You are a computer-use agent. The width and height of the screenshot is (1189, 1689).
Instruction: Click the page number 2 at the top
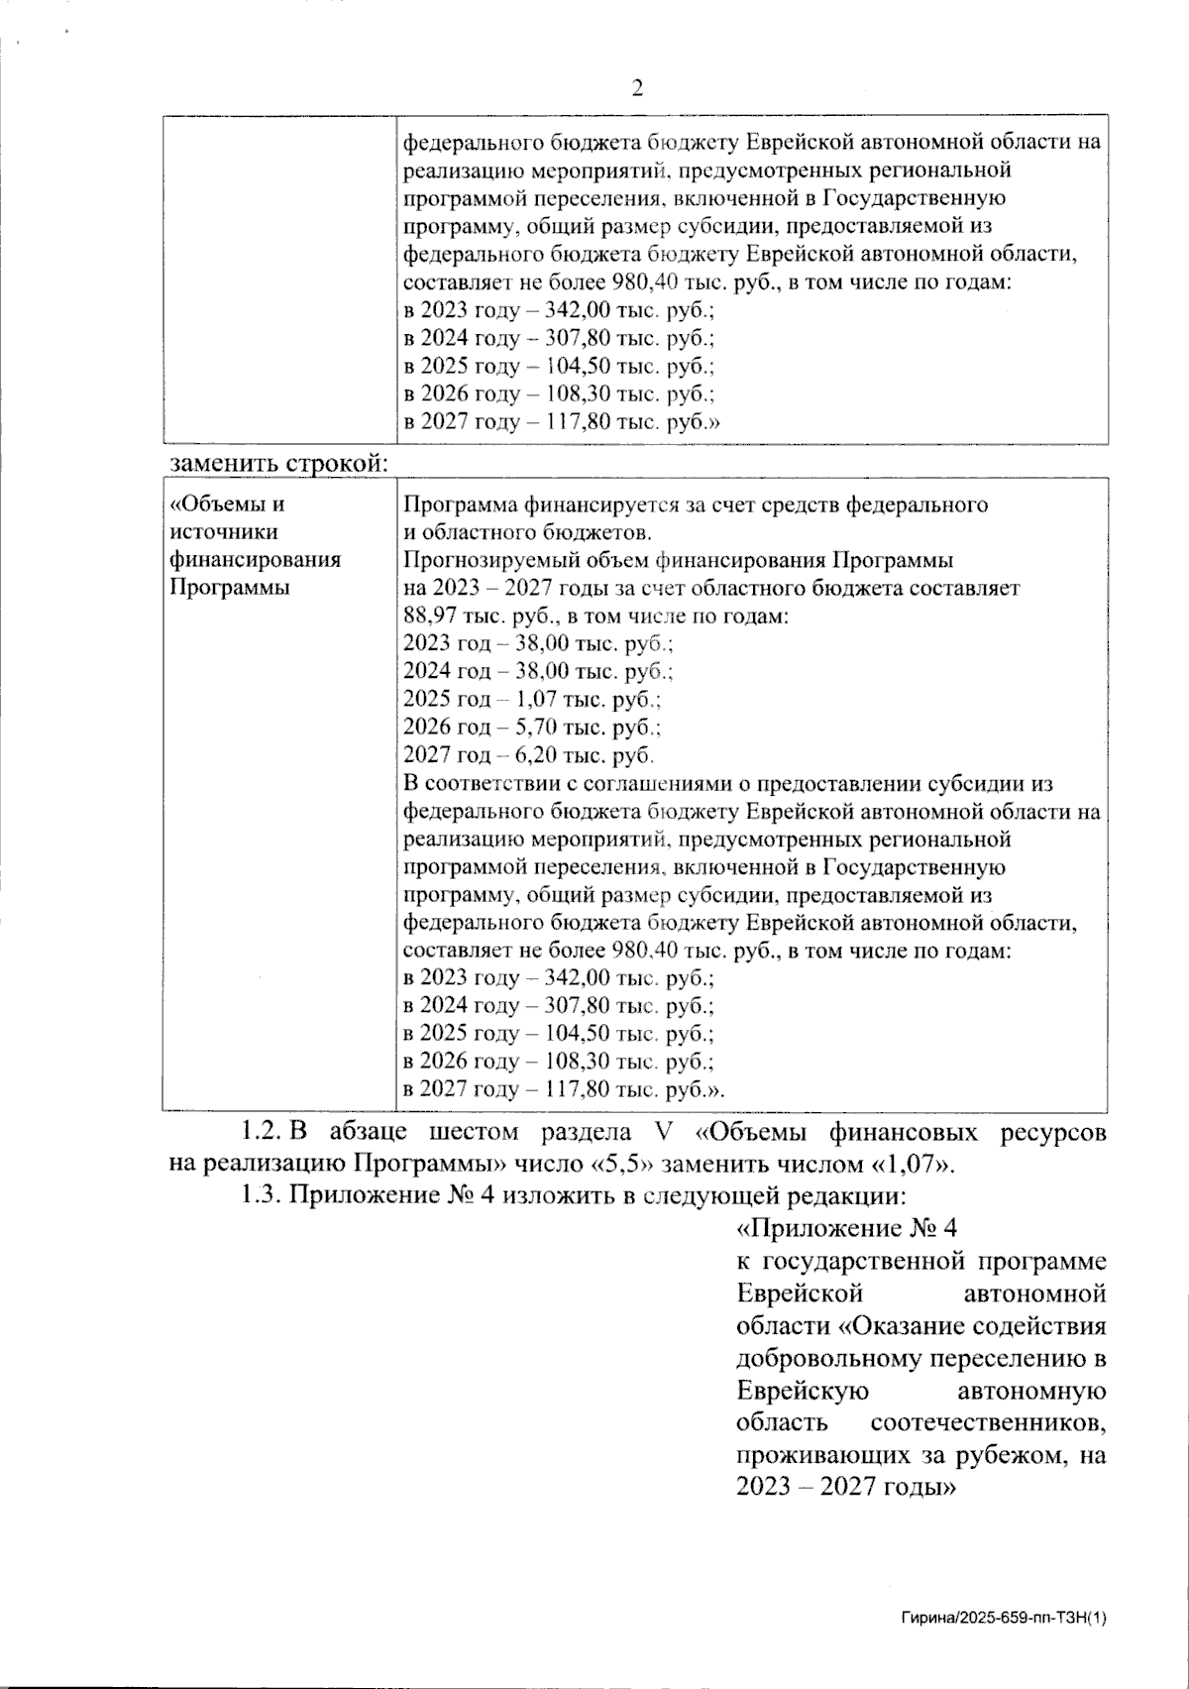coord(637,89)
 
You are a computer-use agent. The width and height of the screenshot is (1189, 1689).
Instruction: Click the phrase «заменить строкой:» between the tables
coord(278,463)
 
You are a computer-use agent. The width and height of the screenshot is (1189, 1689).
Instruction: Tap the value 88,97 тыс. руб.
coord(466,617)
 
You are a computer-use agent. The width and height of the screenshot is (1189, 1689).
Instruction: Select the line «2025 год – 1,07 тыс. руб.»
coord(533,700)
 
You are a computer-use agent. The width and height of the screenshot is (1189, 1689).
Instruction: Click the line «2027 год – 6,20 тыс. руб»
coord(529,756)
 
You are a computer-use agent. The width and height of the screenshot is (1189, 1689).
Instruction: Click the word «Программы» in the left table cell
coord(230,588)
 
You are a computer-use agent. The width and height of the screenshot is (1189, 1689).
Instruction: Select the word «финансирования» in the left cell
coord(256,560)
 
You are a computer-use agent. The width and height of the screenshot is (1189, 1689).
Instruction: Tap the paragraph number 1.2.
coord(262,1132)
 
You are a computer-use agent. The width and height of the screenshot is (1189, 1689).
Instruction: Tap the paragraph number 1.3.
coord(262,1194)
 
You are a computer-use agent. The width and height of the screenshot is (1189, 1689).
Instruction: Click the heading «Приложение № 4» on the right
coord(848,1230)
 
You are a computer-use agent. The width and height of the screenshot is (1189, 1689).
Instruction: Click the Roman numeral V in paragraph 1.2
coord(664,1132)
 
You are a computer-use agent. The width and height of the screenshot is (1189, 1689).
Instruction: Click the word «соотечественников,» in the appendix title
coord(988,1424)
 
